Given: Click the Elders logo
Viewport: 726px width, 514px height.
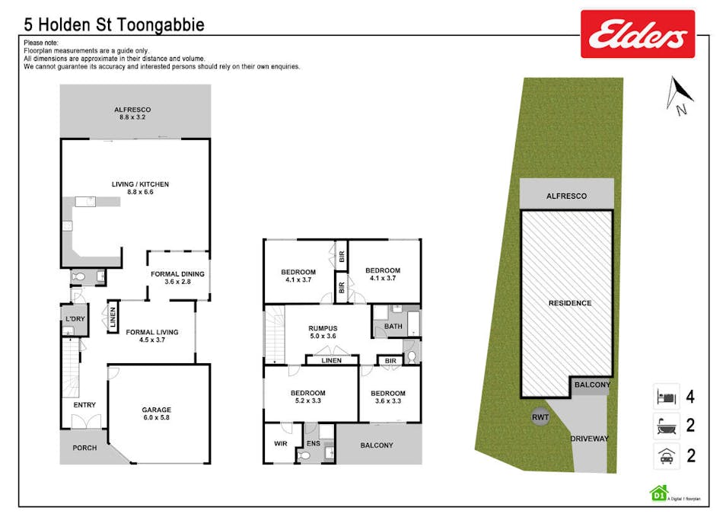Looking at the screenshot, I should click(638, 34).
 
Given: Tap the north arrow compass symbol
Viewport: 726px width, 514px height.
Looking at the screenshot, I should click(675, 95).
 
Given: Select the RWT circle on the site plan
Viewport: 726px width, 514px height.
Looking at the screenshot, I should click(540, 417).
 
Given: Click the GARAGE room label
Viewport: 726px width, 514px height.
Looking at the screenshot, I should click(157, 410).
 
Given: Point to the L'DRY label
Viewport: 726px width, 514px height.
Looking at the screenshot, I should click(75, 317).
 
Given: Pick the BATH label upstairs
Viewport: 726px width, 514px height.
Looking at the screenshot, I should click(393, 327).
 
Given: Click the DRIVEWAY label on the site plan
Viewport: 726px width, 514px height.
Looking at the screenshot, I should click(590, 438).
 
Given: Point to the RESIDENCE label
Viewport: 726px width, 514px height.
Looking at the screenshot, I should click(570, 303).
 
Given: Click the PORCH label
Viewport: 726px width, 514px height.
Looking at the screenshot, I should click(84, 448).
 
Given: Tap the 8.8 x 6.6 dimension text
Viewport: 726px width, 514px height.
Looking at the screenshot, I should click(141, 193).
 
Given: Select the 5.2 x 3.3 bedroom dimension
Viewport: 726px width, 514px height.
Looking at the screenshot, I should click(307, 401).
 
